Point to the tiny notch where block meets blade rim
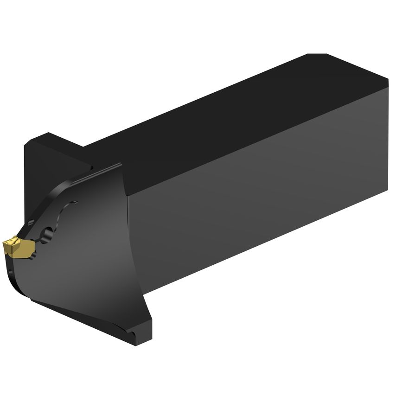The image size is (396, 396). pyautogui.click(x=91, y=168)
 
